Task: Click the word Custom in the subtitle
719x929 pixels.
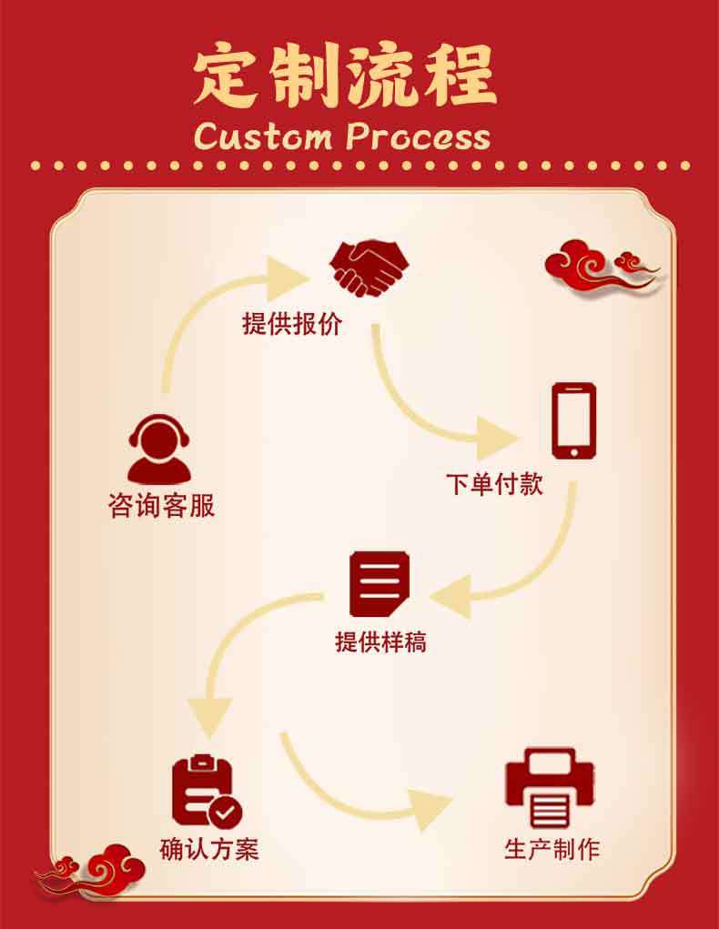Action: tap(263, 136)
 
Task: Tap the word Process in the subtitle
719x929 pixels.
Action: tap(419, 136)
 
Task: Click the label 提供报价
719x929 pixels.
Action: tap(292, 323)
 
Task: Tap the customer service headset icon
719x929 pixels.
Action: tap(161, 449)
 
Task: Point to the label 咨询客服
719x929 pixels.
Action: tap(162, 506)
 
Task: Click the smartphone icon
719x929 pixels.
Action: tap(574, 420)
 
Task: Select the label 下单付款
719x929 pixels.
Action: tap(494, 483)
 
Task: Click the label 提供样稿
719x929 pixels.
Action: tap(380, 641)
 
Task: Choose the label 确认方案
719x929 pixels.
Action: tap(209, 848)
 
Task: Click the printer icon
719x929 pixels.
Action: tap(550, 788)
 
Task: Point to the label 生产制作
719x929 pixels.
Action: tap(552, 850)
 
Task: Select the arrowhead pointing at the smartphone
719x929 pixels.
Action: tap(501, 436)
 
